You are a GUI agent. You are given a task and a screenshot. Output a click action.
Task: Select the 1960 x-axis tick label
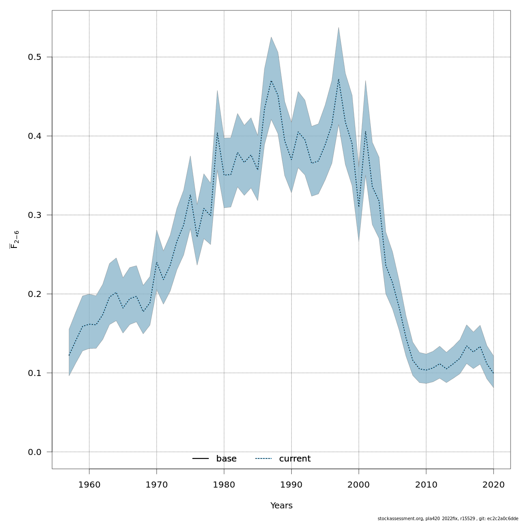89,484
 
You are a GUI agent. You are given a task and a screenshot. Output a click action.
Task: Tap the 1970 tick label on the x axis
156,484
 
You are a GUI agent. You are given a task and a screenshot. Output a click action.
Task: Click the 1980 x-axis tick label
224,484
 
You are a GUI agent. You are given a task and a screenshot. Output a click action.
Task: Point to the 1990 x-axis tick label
291,484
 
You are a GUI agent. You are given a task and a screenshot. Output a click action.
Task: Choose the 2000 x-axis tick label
359,484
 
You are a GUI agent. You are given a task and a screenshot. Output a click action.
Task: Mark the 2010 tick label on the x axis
426,484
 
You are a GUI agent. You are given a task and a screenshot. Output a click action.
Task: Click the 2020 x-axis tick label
494,484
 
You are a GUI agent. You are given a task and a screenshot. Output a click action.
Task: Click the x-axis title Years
281,506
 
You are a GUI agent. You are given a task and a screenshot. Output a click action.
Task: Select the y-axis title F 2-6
15,239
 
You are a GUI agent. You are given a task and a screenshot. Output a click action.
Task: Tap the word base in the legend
226,459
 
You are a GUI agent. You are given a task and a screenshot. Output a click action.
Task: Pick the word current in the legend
295,459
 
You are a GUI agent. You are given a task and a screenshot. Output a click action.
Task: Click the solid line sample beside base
201,459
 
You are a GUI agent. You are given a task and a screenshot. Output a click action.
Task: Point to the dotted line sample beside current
264,459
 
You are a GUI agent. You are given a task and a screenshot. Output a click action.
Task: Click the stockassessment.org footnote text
448,518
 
